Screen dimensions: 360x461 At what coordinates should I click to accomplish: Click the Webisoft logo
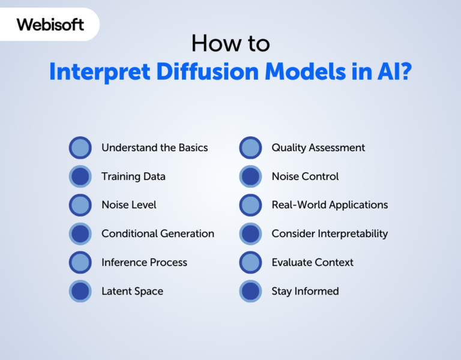[50, 25]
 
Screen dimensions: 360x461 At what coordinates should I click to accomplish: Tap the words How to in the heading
[230, 43]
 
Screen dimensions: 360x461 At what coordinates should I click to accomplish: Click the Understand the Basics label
[154, 148]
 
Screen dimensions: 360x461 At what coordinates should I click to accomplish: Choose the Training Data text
[133, 176]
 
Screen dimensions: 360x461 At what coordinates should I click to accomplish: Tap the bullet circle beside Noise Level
[80, 205]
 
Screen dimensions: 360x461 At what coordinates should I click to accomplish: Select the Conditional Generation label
[157, 233]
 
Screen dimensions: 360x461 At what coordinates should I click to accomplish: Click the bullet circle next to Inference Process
[80, 262]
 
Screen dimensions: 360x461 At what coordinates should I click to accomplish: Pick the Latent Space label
[132, 291]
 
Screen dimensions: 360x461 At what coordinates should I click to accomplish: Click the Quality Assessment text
[318, 148]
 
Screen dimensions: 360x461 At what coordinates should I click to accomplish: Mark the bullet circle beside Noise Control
[250, 176]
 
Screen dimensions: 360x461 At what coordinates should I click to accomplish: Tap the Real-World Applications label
[330, 205]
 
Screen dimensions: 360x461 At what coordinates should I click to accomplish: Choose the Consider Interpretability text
[330, 233]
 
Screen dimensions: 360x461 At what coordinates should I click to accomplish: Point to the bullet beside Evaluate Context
[250, 262]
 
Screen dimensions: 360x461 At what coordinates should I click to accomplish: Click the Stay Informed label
[305, 291]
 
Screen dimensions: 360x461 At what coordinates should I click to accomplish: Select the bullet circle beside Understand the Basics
[80, 148]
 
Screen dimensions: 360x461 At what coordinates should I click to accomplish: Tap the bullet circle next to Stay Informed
[250, 291]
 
